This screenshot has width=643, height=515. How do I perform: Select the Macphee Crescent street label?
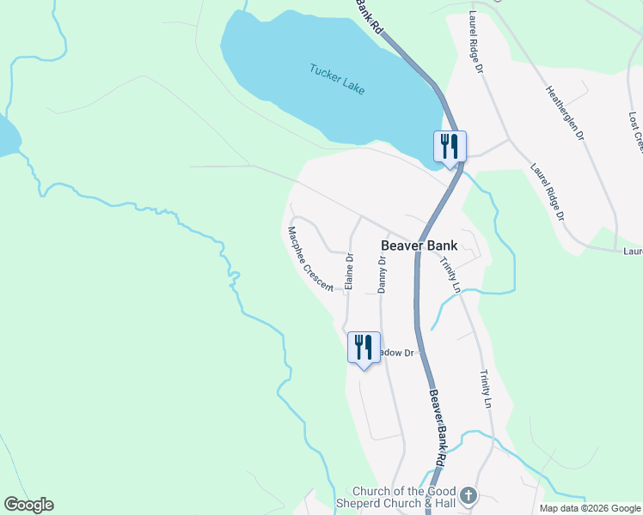(310, 258)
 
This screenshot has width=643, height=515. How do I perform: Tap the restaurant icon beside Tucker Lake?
(449, 146)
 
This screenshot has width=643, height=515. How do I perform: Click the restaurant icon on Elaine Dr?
(364, 348)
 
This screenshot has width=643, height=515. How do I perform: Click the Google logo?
(28, 505)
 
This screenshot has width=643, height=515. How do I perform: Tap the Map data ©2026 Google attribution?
(590, 508)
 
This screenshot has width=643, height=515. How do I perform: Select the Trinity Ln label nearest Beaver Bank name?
(450, 275)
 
